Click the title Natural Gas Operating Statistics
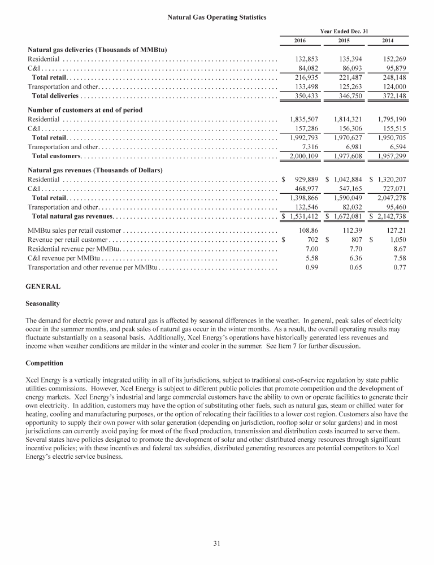[x=217, y=18]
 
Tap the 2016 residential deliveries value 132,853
[x=305, y=58]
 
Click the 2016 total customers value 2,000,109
[x=302, y=155]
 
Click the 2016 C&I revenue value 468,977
[x=305, y=189]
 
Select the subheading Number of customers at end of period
[x=85, y=110]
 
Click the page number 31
[x=216, y=544]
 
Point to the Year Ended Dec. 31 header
[x=344, y=31]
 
